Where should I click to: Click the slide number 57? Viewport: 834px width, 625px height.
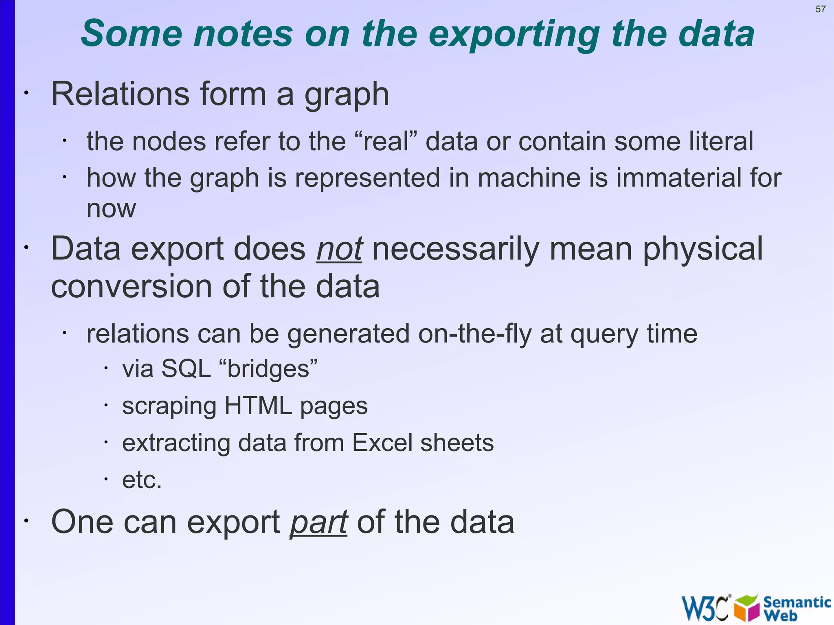pyautogui.click(x=820, y=9)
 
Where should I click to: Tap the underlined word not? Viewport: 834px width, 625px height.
pyautogui.click(x=339, y=249)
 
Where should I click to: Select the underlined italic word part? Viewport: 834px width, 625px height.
pyautogui.click(x=318, y=522)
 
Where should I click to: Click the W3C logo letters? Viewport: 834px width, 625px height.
pyautogui.click(x=705, y=608)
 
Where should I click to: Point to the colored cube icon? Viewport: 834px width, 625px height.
pyautogui.click(x=747, y=608)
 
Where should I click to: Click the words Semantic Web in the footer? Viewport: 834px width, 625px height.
pyautogui.click(x=796, y=608)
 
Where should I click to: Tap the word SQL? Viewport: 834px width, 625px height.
pyautogui.click(x=186, y=369)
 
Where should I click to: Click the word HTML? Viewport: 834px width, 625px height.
pyautogui.click(x=258, y=406)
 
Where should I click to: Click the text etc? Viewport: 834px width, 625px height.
pyautogui.click(x=142, y=480)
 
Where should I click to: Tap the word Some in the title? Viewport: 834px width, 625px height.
pyautogui.click(x=131, y=34)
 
